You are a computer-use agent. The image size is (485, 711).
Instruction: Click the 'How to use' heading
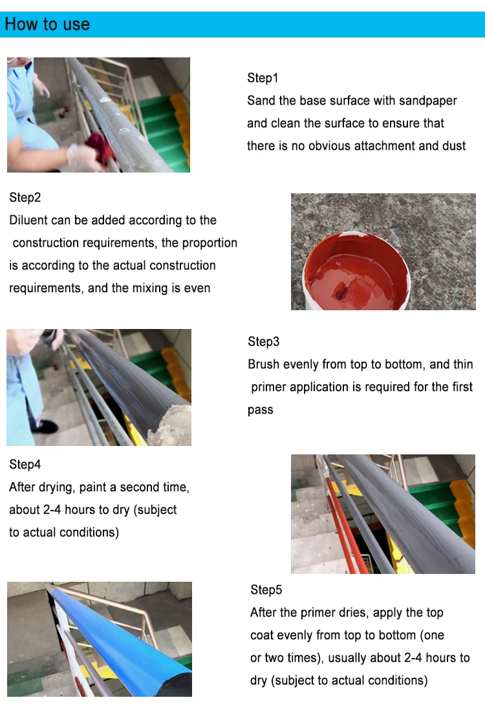[47, 24]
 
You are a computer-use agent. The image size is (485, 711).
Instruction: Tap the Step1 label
[263, 78]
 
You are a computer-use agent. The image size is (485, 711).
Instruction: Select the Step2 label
[25, 197]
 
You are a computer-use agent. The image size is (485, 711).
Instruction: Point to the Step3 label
[264, 341]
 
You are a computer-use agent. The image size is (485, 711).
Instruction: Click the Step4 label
[25, 464]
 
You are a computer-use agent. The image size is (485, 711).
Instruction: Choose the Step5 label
[266, 589]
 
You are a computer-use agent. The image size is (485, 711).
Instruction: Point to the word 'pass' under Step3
[261, 410]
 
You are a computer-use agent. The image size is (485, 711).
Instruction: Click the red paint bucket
[356, 272]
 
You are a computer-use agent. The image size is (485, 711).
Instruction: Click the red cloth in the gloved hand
[101, 148]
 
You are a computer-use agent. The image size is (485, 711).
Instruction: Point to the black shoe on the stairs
[45, 426]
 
